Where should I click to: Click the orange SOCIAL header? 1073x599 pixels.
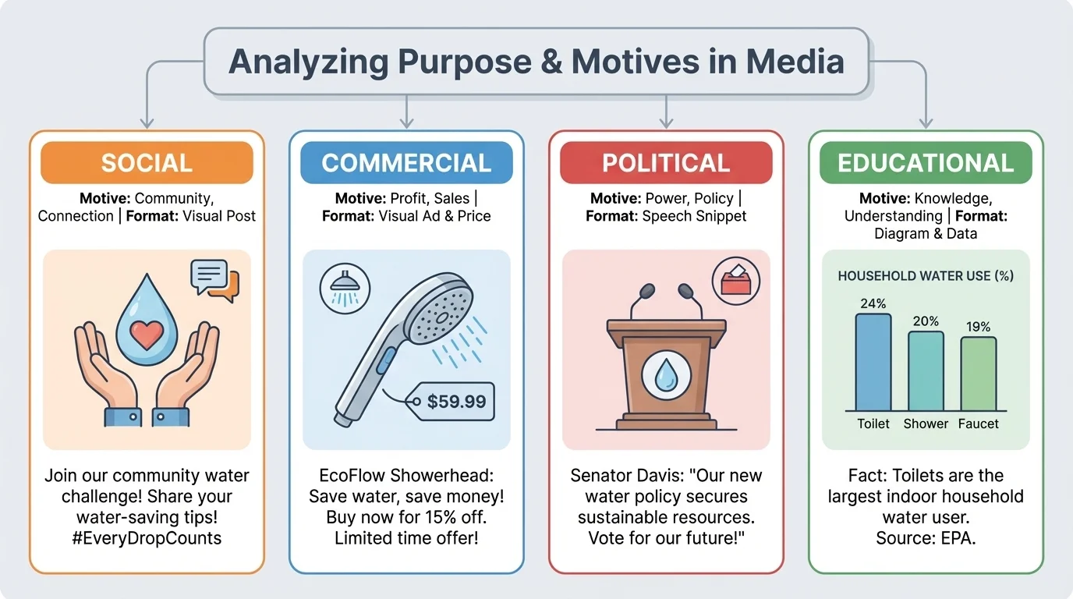click(147, 163)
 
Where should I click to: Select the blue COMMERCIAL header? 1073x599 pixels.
click(406, 163)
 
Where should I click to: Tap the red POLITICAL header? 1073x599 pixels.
click(666, 163)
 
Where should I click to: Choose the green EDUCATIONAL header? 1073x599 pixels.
click(926, 163)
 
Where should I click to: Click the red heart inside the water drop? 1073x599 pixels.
click(147, 335)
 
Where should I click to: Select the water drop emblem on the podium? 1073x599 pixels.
click(666, 374)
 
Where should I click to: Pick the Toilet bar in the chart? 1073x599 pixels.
click(873, 363)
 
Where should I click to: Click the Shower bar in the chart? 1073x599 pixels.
click(926, 371)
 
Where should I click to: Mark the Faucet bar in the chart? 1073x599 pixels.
click(978, 374)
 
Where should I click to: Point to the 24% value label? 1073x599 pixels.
click(873, 303)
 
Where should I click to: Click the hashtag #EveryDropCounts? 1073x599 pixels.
click(146, 537)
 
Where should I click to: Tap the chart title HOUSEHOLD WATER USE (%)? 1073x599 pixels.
click(926, 276)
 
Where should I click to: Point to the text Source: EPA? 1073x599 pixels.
click(926, 537)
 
